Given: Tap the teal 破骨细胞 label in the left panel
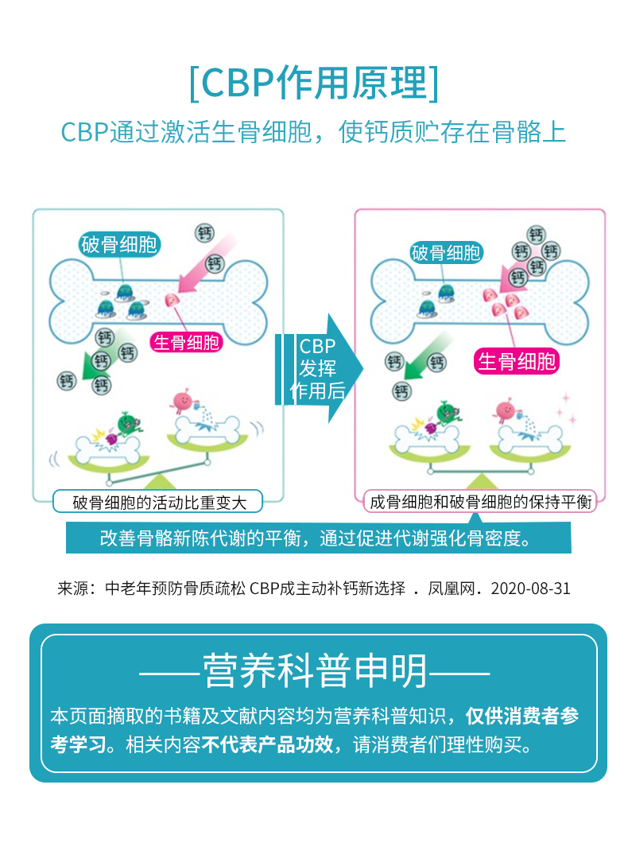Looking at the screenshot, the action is coord(119,244).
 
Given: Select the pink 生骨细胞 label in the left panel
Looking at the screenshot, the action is coord(187,343).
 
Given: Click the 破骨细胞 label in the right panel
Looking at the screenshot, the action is coord(445,253).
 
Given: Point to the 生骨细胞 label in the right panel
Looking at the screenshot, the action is coord(517,362).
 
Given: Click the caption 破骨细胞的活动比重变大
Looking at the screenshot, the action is coord(159,502).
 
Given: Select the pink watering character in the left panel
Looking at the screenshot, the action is coord(184,400).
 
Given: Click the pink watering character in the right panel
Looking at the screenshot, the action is coord(506,411).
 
